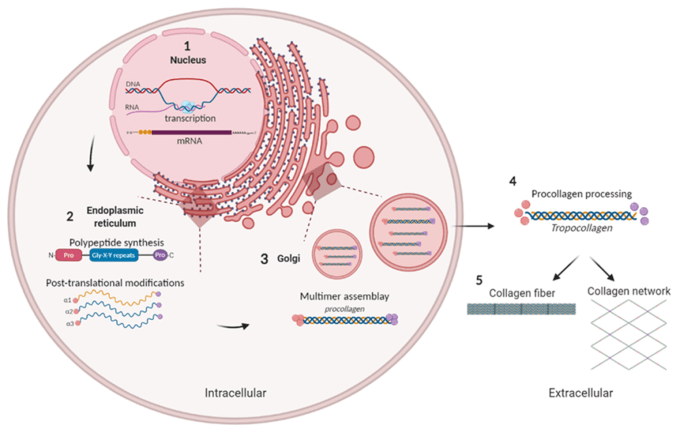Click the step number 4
tap(512, 182)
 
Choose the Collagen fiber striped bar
tap(520, 309)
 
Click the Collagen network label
tap(628, 291)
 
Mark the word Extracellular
tap(580, 393)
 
